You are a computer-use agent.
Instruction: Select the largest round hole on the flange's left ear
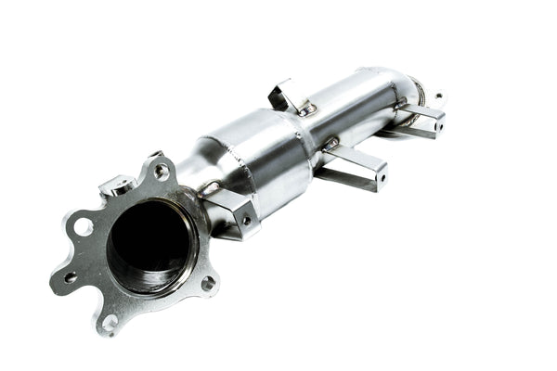coord(83,225)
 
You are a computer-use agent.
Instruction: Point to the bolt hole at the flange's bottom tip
coord(110,322)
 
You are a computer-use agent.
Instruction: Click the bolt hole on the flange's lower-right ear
coord(208,283)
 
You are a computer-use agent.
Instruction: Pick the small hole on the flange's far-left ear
coord(70,276)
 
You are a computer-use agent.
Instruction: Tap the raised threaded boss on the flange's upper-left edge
coord(117,185)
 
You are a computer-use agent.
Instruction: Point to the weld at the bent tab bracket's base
coord(303,109)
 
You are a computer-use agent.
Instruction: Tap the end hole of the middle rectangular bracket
coord(381,173)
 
